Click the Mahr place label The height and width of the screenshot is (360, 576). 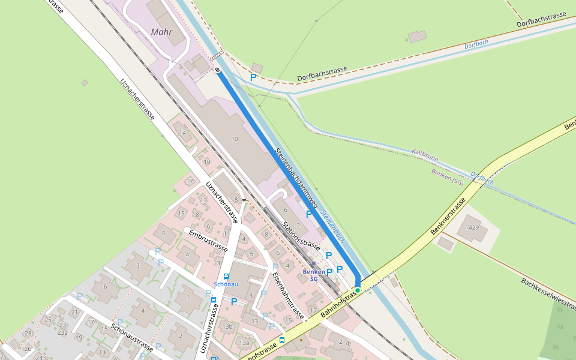162,32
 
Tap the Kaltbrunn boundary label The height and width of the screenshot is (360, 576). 425,155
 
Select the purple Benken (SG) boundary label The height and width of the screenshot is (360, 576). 447,176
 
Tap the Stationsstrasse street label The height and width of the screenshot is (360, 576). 301,236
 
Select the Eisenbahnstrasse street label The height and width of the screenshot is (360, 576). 288,295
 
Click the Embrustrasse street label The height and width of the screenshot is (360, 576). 208,240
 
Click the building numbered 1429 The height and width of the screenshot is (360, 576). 472,228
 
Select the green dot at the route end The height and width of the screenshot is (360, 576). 358,290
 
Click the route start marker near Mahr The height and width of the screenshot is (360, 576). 217,70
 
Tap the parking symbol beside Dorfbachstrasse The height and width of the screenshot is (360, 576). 253,77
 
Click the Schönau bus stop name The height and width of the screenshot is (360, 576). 226,284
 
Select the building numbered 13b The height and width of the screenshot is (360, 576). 227,326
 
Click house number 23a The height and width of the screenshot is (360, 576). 62,332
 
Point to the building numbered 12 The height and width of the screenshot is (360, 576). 182,131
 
